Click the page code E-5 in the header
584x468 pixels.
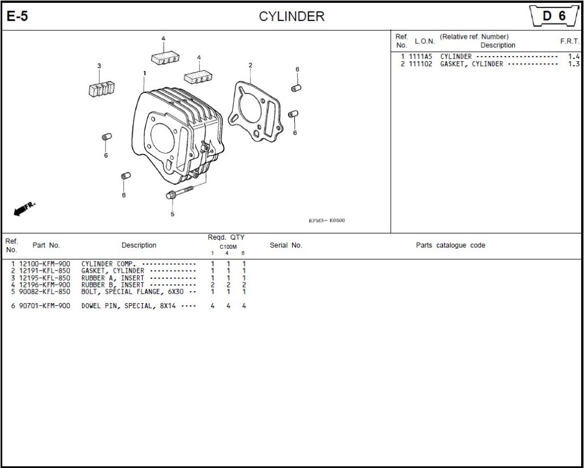(17, 17)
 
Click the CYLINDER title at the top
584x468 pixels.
(291, 17)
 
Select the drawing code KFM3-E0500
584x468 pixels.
(326, 221)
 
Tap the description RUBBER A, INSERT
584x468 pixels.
(112, 278)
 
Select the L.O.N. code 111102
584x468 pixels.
(420, 64)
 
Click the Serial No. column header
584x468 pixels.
(286, 245)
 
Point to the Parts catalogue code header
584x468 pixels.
(450, 245)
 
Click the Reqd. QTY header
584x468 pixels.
(226, 237)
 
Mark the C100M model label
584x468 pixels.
(228, 247)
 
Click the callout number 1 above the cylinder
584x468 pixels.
(145, 73)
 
